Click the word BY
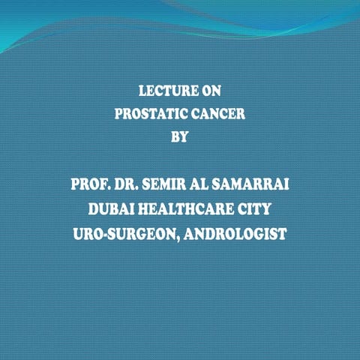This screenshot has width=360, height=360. pos(180,137)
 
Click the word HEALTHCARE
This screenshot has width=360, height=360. pos(184,209)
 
